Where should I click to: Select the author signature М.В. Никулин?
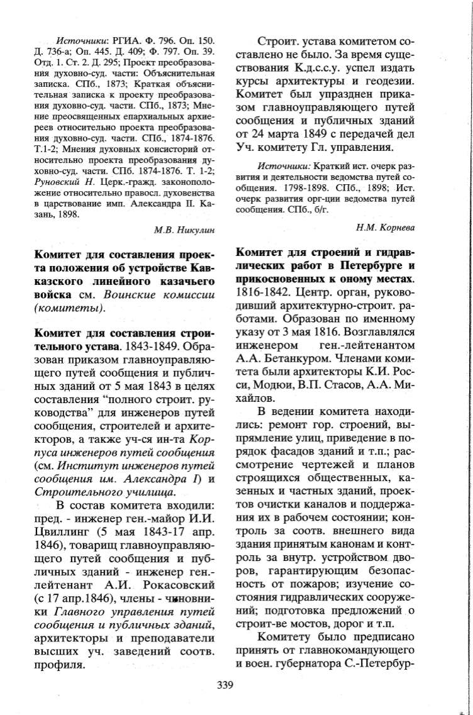[184, 231]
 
